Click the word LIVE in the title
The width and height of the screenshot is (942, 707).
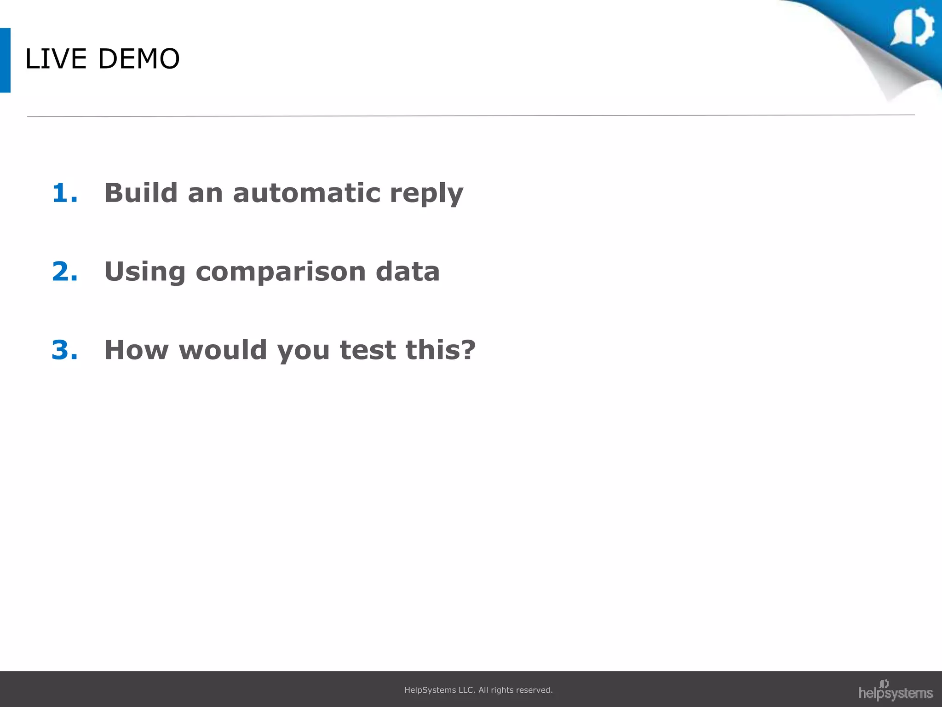tap(56, 59)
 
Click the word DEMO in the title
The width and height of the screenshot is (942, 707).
tap(138, 59)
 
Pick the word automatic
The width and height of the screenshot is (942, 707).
tap(306, 193)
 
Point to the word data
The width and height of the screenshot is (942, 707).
tap(408, 271)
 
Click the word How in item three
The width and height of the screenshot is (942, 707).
tap(137, 350)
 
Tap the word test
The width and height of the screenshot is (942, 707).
tap(368, 350)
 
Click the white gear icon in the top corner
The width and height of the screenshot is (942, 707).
tap(913, 27)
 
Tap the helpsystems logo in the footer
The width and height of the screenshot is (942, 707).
tap(895, 690)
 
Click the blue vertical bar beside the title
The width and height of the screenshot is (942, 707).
tap(5, 60)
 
